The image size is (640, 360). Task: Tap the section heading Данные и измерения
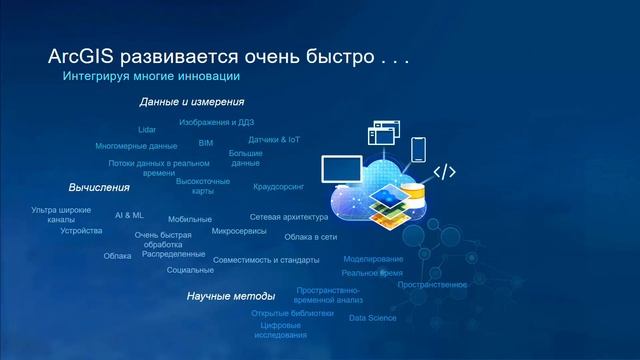pos(192,101)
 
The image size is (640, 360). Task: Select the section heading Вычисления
pos(99,187)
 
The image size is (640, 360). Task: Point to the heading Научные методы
pos(230,296)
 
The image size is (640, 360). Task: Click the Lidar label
pos(147,130)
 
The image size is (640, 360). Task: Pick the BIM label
pos(206,143)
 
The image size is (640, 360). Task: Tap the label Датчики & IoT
pos(274,139)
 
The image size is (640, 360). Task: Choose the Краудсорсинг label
pos(279,186)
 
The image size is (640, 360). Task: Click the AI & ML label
pos(129,214)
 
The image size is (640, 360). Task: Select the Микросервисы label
pos(239,231)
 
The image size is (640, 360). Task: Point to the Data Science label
pos(372,318)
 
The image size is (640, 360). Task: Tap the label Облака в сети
pos(310,237)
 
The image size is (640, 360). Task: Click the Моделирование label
pos(373,259)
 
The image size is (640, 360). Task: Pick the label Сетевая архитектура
pos(289,217)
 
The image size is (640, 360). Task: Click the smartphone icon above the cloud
pos(418,148)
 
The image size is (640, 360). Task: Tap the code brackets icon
pos(443,172)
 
